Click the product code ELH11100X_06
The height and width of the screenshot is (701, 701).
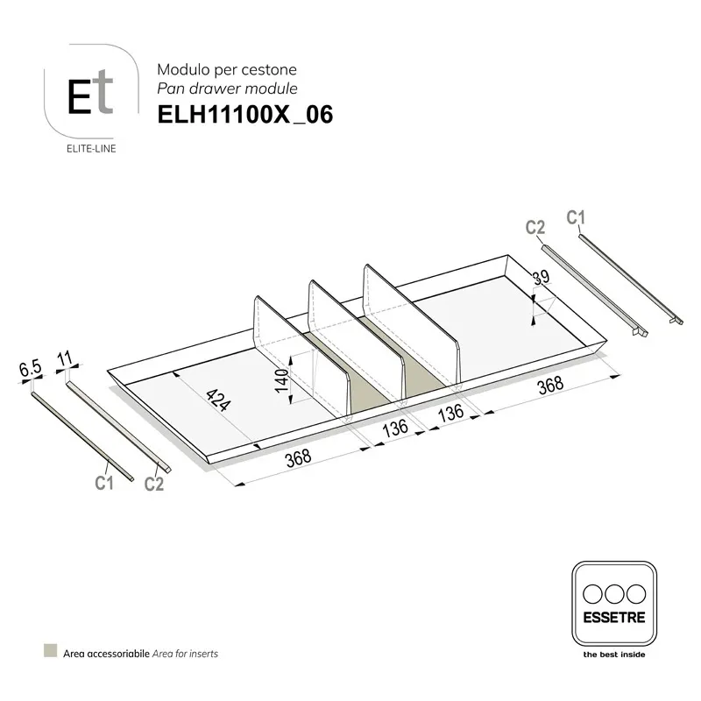(x=245, y=115)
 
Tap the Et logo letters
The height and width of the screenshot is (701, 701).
(x=90, y=93)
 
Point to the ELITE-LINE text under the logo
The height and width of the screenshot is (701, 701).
(x=91, y=148)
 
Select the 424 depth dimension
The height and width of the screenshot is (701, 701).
(x=218, y=400)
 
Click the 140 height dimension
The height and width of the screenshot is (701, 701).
(x=281, y=380)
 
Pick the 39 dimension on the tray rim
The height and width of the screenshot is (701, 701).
(x=541, y=277)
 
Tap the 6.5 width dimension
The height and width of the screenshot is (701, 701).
(x=31, y=369)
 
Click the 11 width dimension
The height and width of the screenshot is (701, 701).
(x=65, y=358)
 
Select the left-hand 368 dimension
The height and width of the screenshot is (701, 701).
(x=298, y=457)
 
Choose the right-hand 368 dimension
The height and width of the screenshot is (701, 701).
(x=550, y=385)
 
